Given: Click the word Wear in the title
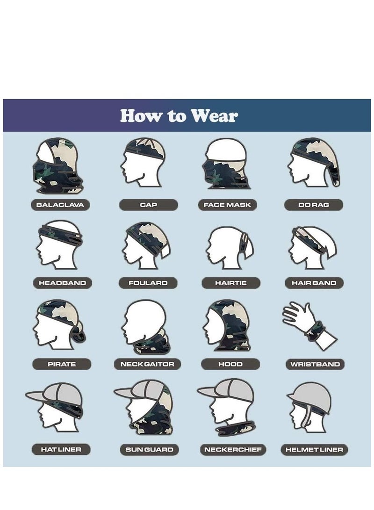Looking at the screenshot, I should [x=213, y=115].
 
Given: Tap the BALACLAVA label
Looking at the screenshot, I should [x=60, y=205].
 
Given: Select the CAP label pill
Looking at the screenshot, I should [x=148, y=205].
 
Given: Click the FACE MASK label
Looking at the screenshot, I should [x=227, y=205].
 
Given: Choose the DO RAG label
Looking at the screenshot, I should [x=313, y=205].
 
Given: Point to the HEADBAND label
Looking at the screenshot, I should [x=62, y=283].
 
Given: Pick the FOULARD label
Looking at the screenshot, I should [x=148, y=283].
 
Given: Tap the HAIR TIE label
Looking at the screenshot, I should [x=231, y=283].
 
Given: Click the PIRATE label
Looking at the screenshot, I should [x=62, y=364].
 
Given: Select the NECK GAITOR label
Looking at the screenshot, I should [x=147, y=364].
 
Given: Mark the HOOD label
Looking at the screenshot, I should [x=230, y=364].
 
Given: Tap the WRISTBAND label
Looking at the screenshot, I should [x=315, y=364].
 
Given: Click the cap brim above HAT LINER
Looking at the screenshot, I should [x=38, y=396].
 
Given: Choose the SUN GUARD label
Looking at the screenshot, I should [x=149, y=450].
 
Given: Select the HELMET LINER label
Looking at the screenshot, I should [x=314, y=450].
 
